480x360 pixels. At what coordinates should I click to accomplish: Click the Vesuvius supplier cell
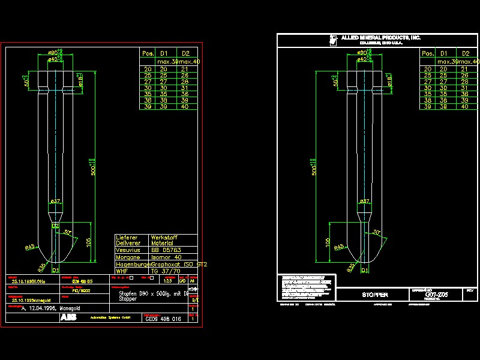click(127, 250)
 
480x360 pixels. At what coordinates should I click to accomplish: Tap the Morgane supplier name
click(127, 257)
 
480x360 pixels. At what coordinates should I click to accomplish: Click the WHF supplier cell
click(121, 271)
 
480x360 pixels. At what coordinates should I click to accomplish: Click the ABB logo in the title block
click(68, 318)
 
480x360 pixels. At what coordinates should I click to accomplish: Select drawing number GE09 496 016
click(163, 319)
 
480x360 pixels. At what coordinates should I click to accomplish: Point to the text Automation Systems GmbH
click(110, 318)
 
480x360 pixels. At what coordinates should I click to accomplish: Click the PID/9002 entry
click(81, 290)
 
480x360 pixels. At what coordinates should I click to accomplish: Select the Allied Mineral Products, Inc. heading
click(381, 38)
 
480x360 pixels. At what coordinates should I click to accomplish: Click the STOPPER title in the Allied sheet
click(375, 295)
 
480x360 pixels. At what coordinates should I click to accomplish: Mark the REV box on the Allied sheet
click(470, 290)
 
